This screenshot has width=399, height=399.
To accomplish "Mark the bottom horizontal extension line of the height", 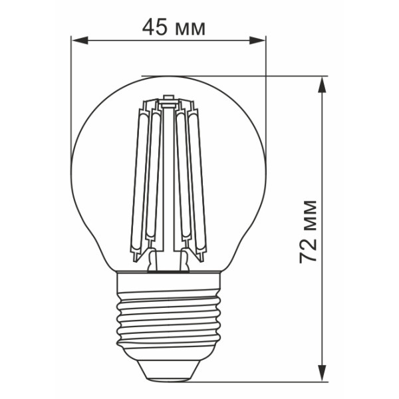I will click(x=266, y=382).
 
